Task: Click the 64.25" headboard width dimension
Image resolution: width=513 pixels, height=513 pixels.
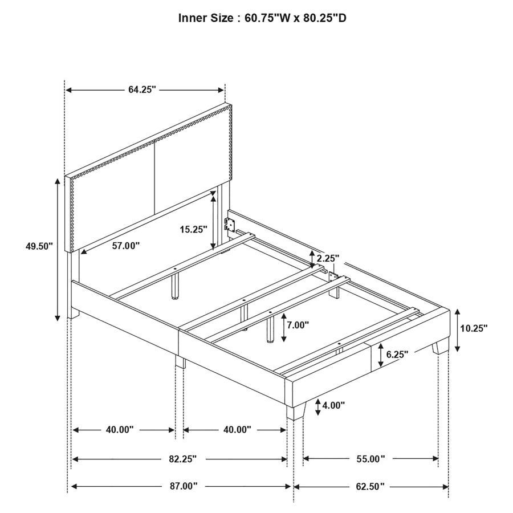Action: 142,90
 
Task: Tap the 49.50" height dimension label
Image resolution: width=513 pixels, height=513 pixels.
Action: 39,246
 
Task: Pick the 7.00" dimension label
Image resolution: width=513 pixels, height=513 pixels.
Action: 298,325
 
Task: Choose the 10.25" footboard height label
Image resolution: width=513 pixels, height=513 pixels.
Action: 474,328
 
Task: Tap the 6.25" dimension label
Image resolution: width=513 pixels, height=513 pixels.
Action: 397,354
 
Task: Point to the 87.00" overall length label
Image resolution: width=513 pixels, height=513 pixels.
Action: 182,486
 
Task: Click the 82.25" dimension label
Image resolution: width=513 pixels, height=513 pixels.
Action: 182,458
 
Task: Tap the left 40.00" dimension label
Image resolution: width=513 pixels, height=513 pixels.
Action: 120,430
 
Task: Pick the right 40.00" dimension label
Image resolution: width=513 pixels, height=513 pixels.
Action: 237,430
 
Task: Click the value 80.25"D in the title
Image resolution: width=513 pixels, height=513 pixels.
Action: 319,18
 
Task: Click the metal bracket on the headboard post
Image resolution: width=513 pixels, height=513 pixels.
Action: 231,223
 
